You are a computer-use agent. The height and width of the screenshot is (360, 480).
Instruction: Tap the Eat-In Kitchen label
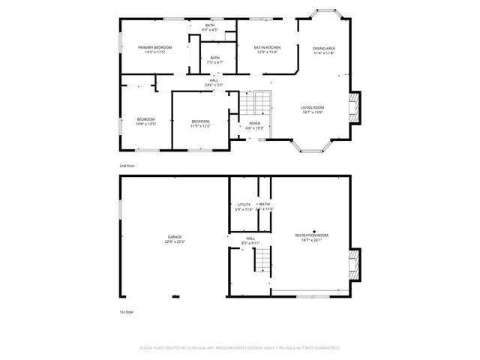pos(268,50)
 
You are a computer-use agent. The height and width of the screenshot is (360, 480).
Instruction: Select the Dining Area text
pos(324,50)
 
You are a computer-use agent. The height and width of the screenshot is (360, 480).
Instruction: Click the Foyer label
pos(255,125)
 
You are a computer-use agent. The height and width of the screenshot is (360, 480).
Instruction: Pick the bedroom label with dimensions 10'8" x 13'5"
pos(145,122)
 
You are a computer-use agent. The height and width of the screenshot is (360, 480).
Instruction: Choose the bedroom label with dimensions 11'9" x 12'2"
pos(200,124)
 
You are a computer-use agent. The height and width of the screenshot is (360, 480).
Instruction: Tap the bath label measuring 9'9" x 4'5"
pos(211,28)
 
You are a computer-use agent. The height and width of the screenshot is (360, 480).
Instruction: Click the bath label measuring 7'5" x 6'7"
pos(215,60)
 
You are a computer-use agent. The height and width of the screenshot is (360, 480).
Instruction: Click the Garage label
pos(174,239)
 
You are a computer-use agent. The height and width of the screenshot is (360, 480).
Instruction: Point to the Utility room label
pos(244,206)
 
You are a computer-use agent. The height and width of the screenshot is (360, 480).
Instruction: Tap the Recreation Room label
pos(311,238)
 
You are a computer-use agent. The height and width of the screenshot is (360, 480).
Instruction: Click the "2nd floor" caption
pos(128,165)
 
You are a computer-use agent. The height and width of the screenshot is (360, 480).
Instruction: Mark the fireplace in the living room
pos(355,108)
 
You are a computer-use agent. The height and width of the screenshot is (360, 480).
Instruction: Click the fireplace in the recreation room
pos(355,265)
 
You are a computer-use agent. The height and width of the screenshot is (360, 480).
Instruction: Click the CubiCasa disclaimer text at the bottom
pos(240,348)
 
